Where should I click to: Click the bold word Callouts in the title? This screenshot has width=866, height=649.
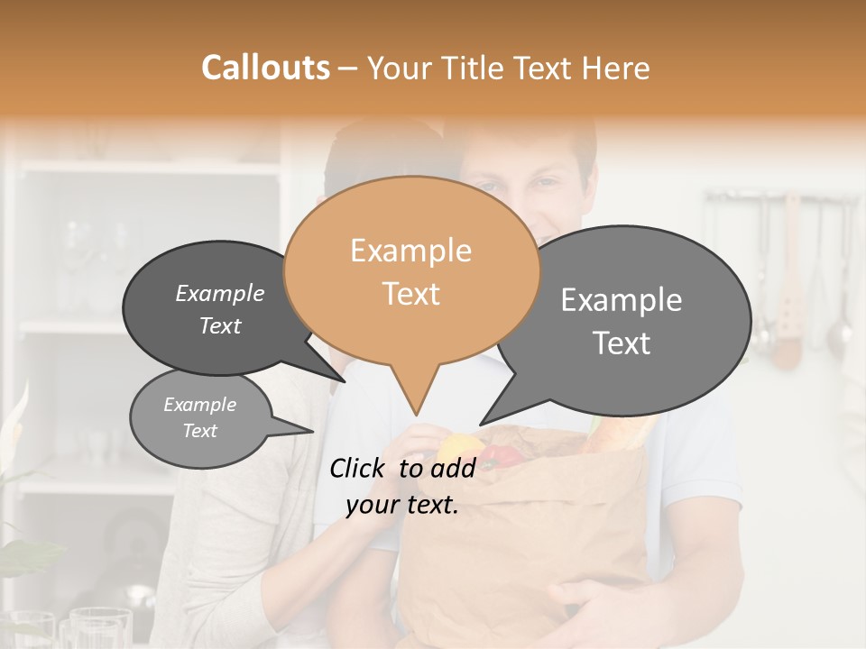click(265, 68)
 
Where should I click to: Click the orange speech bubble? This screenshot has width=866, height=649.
click(411, 270)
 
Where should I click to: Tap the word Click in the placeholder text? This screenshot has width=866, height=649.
click(361, 468)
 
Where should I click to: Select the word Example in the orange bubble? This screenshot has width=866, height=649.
click(410, 251)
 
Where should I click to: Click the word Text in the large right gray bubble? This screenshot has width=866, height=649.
click(622, 343)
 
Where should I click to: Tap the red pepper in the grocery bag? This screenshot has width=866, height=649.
click(503, 455)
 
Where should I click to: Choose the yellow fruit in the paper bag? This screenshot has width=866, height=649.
click(461, 446)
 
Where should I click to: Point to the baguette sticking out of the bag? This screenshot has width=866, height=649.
click(622, 433)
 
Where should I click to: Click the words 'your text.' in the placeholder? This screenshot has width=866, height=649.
click(402, 505)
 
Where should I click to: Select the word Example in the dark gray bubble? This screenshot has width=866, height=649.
click(219, 293)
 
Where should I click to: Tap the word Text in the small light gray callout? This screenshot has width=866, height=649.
click(200, 431)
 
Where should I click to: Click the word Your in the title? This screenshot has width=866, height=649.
click(400, 69)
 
